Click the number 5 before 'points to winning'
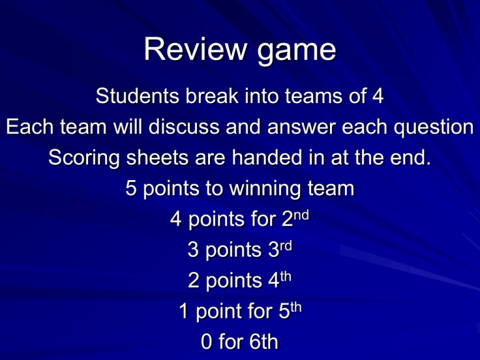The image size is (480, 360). (131, 189)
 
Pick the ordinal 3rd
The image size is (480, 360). (279, 250)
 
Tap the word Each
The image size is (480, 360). (26, 127)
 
